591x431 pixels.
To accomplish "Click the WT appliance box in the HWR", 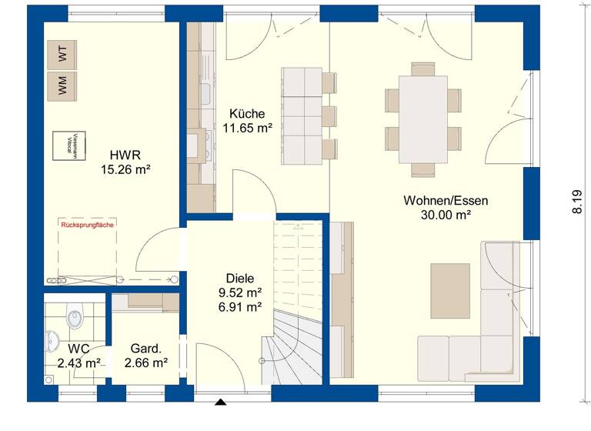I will tap(62, 55).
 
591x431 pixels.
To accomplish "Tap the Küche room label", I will tap(247, 113).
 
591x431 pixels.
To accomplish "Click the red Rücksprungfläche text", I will tap(87, 226).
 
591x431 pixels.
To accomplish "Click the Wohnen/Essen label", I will tap(445, 200).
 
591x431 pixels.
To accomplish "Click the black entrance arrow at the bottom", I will tap(221, 402).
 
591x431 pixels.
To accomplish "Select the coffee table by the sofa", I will tap(449, 286).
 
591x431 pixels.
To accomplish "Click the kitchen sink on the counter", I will tap(205, 94).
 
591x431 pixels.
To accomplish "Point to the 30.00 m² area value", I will tap(445, 215).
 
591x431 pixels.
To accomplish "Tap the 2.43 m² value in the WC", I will tap(79, 363).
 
